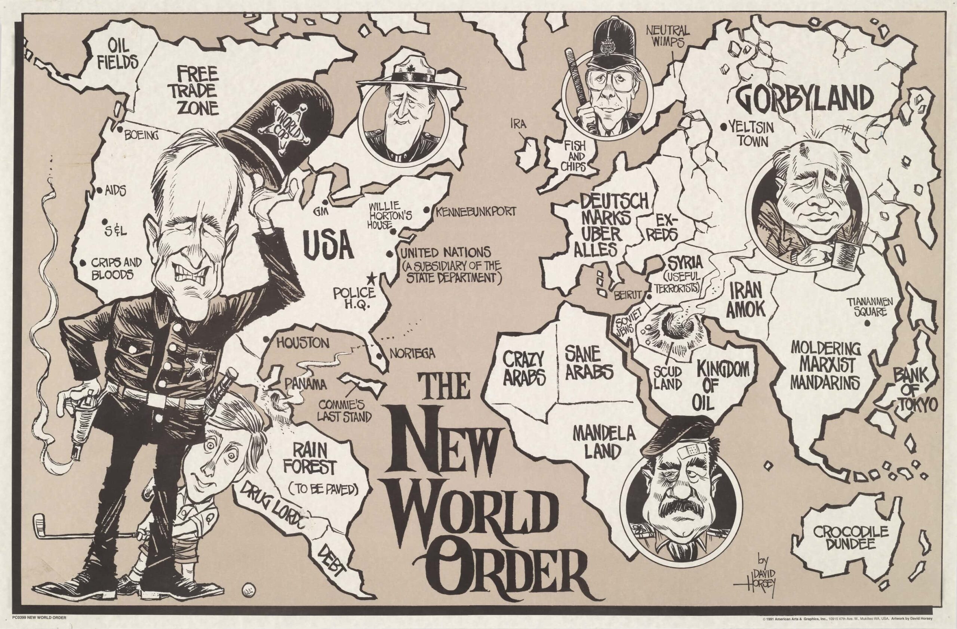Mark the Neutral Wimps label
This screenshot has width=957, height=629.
[668, 36]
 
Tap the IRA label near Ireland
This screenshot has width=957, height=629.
[519, 125]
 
